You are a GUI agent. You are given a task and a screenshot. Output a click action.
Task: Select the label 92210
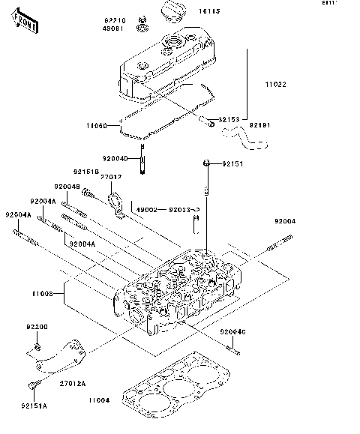pos(115,20)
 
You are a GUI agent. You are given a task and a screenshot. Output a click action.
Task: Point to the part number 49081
pos(115,29)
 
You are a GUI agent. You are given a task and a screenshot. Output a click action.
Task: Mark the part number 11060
pos(96,125)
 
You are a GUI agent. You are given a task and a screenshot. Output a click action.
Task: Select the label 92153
pos(229,119)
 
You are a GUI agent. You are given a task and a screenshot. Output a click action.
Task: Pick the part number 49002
pos(145,210)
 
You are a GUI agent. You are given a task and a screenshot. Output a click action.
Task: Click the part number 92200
pos(37,328)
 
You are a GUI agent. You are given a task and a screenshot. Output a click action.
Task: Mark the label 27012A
pos(73,383)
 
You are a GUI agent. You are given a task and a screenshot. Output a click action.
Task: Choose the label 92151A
pos(34,405)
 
